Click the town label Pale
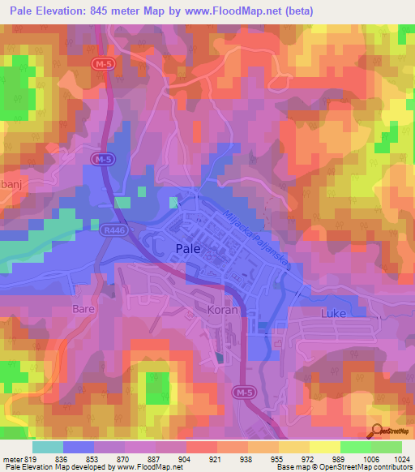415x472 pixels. click(189, 251)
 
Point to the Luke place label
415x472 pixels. click(333, 312)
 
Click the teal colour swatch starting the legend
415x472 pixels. click(48, 447)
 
